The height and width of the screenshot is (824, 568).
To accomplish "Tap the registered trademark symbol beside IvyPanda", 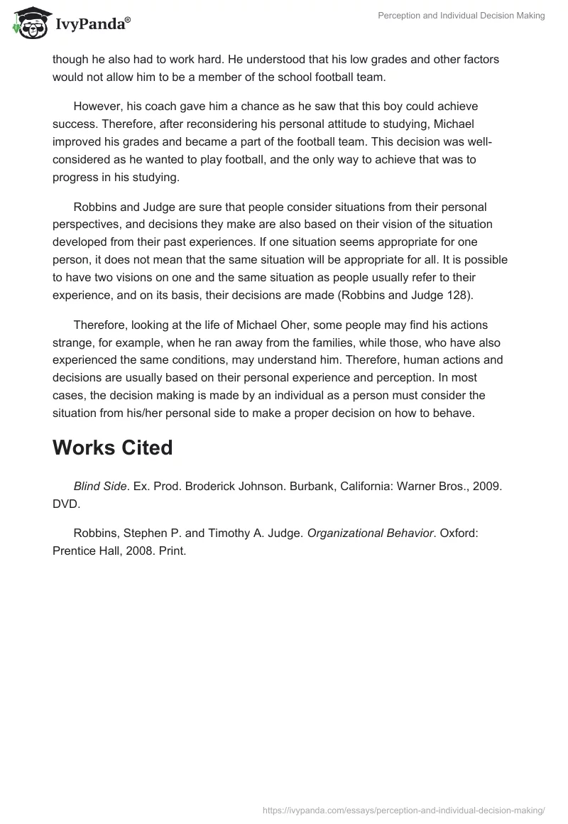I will (x=128, y=20).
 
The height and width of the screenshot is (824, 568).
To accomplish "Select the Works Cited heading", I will (x=112, y=448).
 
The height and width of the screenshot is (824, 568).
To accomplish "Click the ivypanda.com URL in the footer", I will (x=403, y=809).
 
